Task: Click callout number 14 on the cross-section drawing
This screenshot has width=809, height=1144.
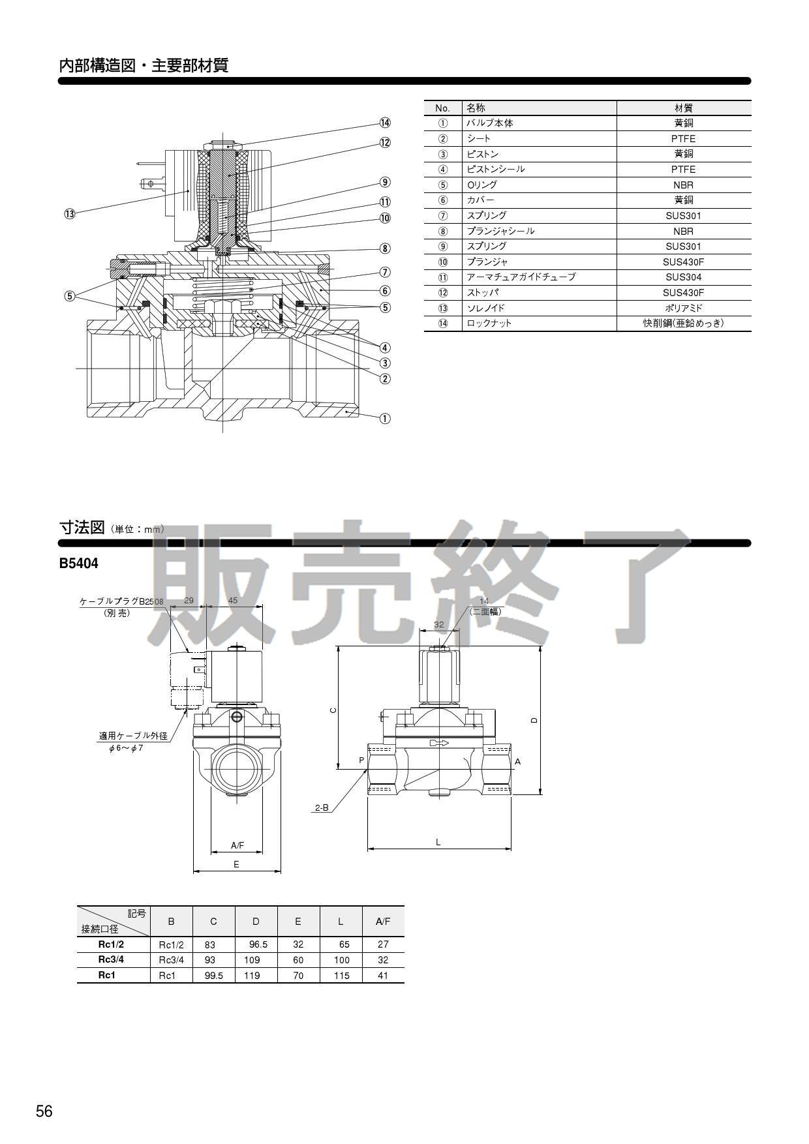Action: pyautogui.click(x=385, y=123)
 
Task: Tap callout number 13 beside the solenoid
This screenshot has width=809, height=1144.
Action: pyautogui.click(x=70, y=213)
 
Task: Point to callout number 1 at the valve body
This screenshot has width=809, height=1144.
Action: pyautogui.click(x=385, y=418)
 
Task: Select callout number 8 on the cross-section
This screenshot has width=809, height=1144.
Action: pyautogui.click(x=385, y=248)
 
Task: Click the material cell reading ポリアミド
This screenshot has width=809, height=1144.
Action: pyautogui.click(x=683, y=308)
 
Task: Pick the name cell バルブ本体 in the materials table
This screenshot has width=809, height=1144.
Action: pyautogui.click(x=489, y=123)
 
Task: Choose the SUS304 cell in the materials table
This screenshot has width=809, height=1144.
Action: pyautogui.click(x=683, y=277)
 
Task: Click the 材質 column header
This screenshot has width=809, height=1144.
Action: pyautogui.click(x=683, y=108)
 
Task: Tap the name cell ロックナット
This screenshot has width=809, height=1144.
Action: pyautogui.click(x=489, y=324)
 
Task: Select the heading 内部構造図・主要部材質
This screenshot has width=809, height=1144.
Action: pyautogui.click(x=144, y=66)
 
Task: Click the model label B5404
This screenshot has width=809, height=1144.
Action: pyautogui.click(x=78, y=564)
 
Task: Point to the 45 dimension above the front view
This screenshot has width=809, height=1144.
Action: pyautogui.click(x=232, y=601)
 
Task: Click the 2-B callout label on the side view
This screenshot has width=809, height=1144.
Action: pyautogui.click(x=322, y=807)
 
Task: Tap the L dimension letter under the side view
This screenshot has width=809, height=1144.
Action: pyautogui.click(x=438, y=842)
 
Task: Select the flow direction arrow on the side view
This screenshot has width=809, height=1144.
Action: pyautogui.click(x=439, y=743)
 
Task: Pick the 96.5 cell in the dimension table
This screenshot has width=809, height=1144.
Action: pyautogui.click(x=258, y=944)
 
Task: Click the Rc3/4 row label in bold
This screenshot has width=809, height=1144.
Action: pyautogui.click(x=111, y=959)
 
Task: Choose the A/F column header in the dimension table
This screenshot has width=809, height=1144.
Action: pyautogui.click(x=383, y=922)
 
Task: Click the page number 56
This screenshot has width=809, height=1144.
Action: pyautogui.click(x=44, y=1111)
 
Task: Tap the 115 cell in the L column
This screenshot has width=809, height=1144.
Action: pyautogui.click(x=341, y=976)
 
